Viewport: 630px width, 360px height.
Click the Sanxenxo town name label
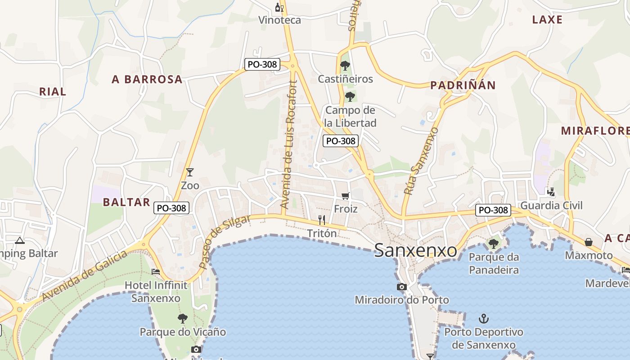pyautogui.click(x=415, y=251)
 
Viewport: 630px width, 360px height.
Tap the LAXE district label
pyautogui.click(x=547, y=19)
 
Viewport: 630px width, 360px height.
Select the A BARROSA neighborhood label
pyautogui.click(x=147, y=80)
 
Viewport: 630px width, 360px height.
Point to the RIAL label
pyautogui.click(x=53, y=92)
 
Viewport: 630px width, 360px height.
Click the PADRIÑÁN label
pyautogui.click(x=463, y=85)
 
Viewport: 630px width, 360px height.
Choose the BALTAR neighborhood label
pyautogui.click(x=126, y=202)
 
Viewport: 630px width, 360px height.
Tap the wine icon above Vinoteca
pyautogui.click(x=279, y=7)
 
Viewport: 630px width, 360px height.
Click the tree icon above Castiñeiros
pyautogui.click(x=345, y=66)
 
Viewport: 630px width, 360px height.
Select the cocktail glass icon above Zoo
pyautogui.click(x=190, y=172)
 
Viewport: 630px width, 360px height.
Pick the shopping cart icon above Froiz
pyautogui.click(x=346, y=196)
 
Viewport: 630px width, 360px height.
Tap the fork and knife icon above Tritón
pyautogui.click(x=322, y=220)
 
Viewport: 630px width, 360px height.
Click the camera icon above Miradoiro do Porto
pyautogui.click(x=402, y=287)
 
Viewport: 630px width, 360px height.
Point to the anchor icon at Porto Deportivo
pyautogui.click(x=484, y=319)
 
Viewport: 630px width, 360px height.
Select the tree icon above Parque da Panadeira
pyautogui.click(x=494, y=244)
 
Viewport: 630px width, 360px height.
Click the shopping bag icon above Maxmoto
pyautogui.click(x=589, y=242)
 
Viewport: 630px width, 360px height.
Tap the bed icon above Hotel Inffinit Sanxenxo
pyautogui.click(x=156, y=271)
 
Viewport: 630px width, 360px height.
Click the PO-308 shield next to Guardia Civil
pyautogui.click(x=494, y=210)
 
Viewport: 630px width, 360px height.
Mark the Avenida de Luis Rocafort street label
pyautogui.click(x=289, y=144)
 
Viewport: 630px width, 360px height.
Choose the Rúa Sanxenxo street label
pyautogui.click(x=421, y=161)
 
